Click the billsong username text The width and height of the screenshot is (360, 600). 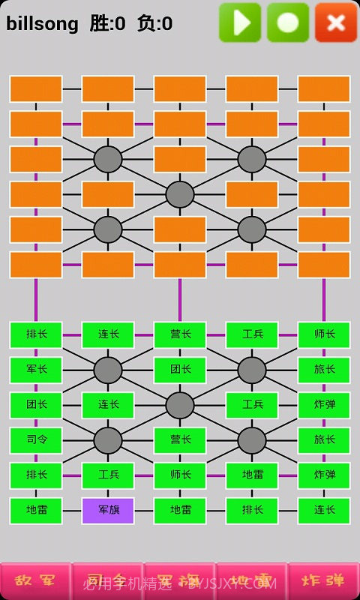click(x=42, y=24)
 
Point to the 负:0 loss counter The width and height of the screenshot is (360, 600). click(x=154, y=24)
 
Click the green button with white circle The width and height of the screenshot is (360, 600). click(x=288, y=22)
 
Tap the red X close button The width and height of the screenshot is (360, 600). click(x=336, y=22)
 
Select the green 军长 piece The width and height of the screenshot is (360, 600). click(x=36, y=370)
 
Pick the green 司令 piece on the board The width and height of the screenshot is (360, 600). click(x=36, y=440)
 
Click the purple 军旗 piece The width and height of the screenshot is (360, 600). click(x=108, y=511)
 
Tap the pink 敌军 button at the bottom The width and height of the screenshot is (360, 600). click(x=36, y=581)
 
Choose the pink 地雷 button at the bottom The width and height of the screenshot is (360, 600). click(x=252, y=581)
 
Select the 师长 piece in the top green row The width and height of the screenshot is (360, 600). click(x=324, y=334)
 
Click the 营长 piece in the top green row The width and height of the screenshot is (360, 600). click(x=180, y=334)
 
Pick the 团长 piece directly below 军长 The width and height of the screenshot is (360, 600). click(x=36, y=405)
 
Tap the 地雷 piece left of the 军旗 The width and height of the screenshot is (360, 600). click(x=36, y=511)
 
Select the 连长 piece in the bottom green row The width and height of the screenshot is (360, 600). click(x=324, y=511)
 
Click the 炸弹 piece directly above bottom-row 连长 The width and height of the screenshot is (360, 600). click(x=324, y=475)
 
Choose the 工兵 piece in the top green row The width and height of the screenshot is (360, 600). click(x=252, y=334)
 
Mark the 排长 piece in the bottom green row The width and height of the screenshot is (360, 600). click(x=252, y=511)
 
